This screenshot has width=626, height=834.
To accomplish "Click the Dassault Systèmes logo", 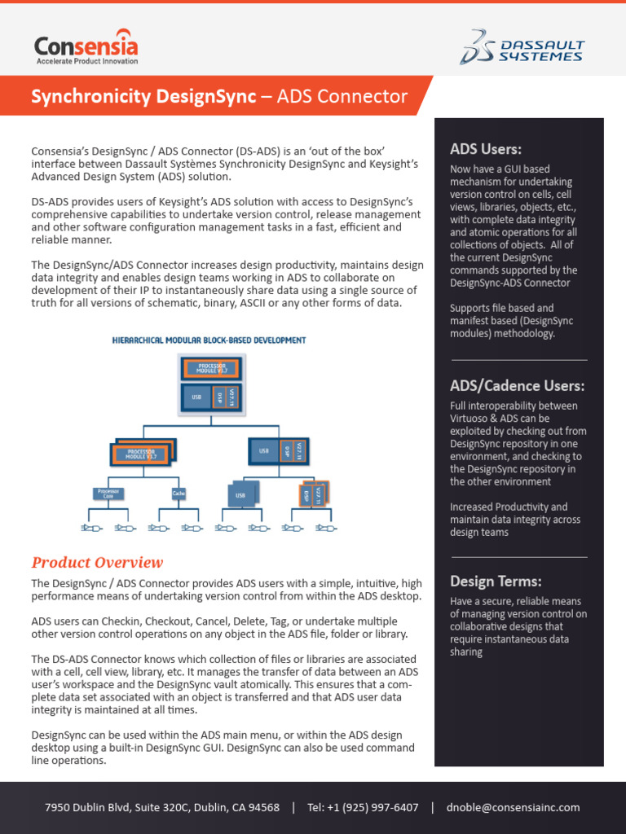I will [x=521, y=46].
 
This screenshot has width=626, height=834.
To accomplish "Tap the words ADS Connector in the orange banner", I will [x=342, y=97].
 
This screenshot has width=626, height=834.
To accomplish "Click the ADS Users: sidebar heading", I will [x=486, y=148].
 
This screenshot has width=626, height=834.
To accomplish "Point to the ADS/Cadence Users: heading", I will [x=517, y=385].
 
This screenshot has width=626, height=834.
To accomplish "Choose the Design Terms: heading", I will [x=496, y=581].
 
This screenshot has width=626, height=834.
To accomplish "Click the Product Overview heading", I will [x=97, y=563].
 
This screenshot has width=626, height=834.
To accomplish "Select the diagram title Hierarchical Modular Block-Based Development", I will [x=208, y=340].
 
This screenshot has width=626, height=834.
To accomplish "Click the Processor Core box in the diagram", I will [x=108, y=493].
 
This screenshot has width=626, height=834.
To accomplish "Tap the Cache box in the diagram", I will [x=179, y=493].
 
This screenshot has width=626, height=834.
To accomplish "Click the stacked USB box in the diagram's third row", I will [x=242, y=494].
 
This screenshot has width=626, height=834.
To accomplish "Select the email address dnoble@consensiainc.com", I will [x=513, y=807].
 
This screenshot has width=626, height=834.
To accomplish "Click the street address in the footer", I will [x=161, y=807].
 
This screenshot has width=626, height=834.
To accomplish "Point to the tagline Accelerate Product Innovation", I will [x=87, y=61].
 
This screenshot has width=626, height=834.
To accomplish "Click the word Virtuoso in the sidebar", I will [x=468, y=418].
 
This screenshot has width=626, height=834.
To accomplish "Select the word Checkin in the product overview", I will [x=118, y=621].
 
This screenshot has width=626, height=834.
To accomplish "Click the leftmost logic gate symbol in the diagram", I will [x=89, y=529].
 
